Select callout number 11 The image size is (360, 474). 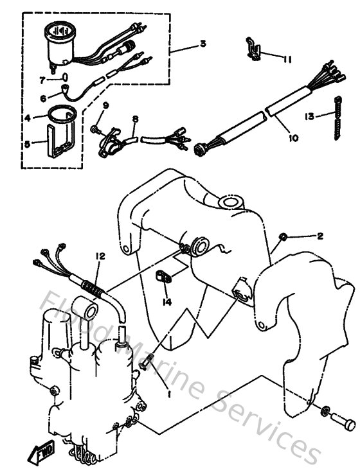[287, 60]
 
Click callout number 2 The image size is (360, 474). [319, 236]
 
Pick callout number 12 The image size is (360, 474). [99, 256]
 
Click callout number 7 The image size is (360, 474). [42, 80]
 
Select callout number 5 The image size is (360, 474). [27, 145]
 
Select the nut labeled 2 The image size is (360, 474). [282, 239]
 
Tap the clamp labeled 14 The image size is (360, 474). [166, 278]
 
